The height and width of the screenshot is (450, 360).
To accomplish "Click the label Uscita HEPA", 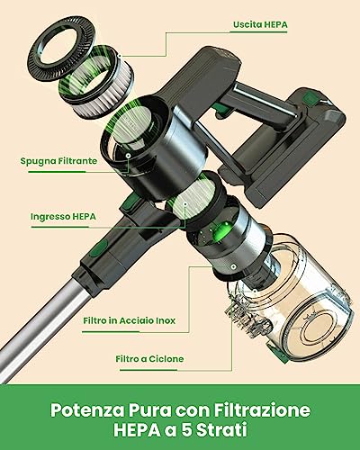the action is click(260, 24).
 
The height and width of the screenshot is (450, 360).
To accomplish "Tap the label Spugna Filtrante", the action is click(58, 161).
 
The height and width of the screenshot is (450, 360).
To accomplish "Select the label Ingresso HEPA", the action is click(63, 216).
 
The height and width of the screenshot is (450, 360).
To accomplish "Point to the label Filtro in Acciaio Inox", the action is click(130, 320).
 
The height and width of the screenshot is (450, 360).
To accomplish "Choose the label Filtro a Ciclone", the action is click(149, 359).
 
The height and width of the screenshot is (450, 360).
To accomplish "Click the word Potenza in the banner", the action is click(87, 410).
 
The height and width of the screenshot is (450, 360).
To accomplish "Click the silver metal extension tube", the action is click(42, 324).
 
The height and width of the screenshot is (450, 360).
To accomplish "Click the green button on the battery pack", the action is click(310, 99).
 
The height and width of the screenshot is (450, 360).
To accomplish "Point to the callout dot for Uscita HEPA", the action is click(120, 56).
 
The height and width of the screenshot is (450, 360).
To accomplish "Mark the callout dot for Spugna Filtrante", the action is click(128, 156).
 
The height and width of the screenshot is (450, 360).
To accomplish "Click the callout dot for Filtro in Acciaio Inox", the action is click(233, 266).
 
